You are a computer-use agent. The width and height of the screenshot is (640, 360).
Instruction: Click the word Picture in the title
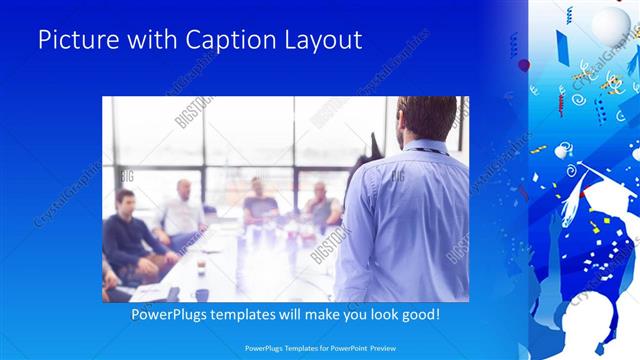73,40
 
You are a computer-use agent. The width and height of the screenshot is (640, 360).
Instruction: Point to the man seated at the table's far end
321,204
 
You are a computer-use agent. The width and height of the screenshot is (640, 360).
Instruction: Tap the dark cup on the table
201,294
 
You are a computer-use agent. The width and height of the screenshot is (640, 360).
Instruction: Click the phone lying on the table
173,293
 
